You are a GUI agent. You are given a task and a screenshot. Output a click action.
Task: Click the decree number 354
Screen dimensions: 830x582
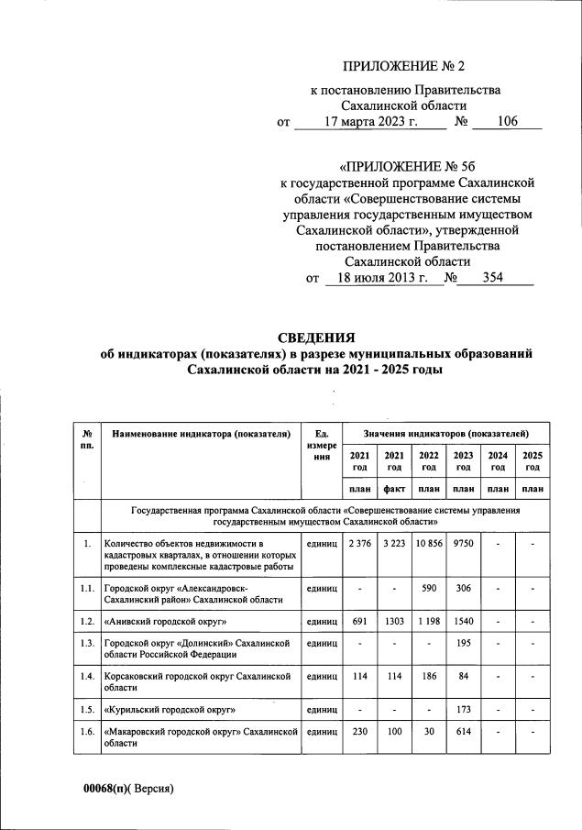(x=493, y=279)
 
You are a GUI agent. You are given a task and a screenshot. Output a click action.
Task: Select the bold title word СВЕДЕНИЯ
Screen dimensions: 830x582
(x=316, y=338)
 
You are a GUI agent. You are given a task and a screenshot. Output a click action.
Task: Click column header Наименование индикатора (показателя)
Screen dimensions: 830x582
(x=201, y=432)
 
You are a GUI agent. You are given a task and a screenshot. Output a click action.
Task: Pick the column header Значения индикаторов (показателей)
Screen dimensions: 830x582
(x=445, y=432)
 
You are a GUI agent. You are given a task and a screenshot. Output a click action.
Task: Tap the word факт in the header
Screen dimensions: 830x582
(x=394, y=489)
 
